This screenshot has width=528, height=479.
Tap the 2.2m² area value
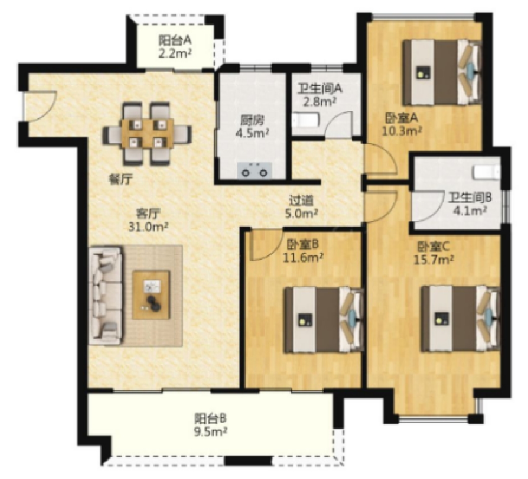175,53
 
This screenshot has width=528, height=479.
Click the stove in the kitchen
254,169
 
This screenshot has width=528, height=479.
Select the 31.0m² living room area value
148,226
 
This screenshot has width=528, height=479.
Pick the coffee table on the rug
151,295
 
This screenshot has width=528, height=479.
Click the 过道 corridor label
301,201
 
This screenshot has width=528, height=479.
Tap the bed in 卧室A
442,72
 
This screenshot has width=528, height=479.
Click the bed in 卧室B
324,320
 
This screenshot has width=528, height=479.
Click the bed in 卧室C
461,319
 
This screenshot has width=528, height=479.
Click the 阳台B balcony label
210,419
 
